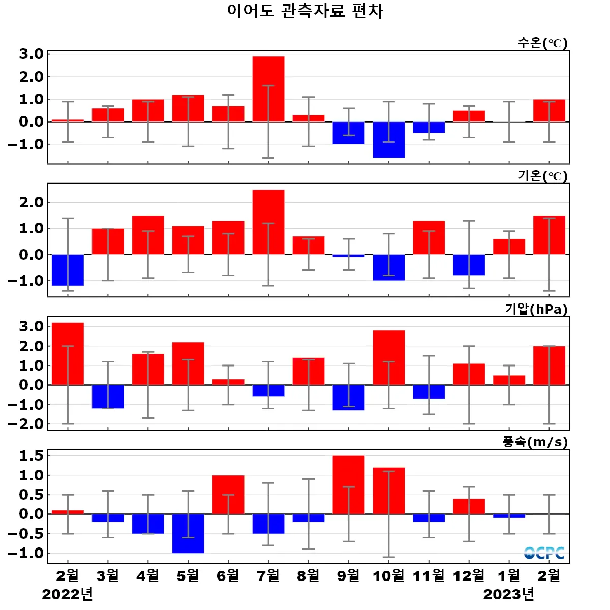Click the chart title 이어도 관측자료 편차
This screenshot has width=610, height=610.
(x=305, y=11)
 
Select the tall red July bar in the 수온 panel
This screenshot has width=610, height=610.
(x=268, y=89)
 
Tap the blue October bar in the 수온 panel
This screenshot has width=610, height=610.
(x=389, y=140)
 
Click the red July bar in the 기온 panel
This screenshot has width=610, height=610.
(x=268, y=222)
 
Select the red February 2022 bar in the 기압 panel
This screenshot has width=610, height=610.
(x=68, y=354)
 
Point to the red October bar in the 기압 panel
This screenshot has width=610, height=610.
(x=389, y=358)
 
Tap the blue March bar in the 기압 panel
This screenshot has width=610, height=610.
(x=108, y=396)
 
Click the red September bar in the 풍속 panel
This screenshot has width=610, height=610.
(x=349, y=485)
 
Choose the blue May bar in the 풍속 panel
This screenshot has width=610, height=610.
(x=188, y=533)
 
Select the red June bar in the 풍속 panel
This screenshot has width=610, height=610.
(x=228, y=495)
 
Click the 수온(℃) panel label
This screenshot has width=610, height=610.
(x=542, y=43)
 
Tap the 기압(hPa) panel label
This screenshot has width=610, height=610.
(x=536, y=309)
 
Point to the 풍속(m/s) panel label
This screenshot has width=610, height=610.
(x=535, y=442)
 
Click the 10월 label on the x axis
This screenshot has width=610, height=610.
(x=389, y=576)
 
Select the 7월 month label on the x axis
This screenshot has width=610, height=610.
(x=268, y=576)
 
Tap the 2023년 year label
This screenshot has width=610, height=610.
(x=509, y=594)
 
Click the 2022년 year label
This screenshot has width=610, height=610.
(x=68, y=594)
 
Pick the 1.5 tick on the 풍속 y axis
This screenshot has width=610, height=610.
(x=32, y=456)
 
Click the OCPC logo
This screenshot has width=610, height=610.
(x=544, y=553)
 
